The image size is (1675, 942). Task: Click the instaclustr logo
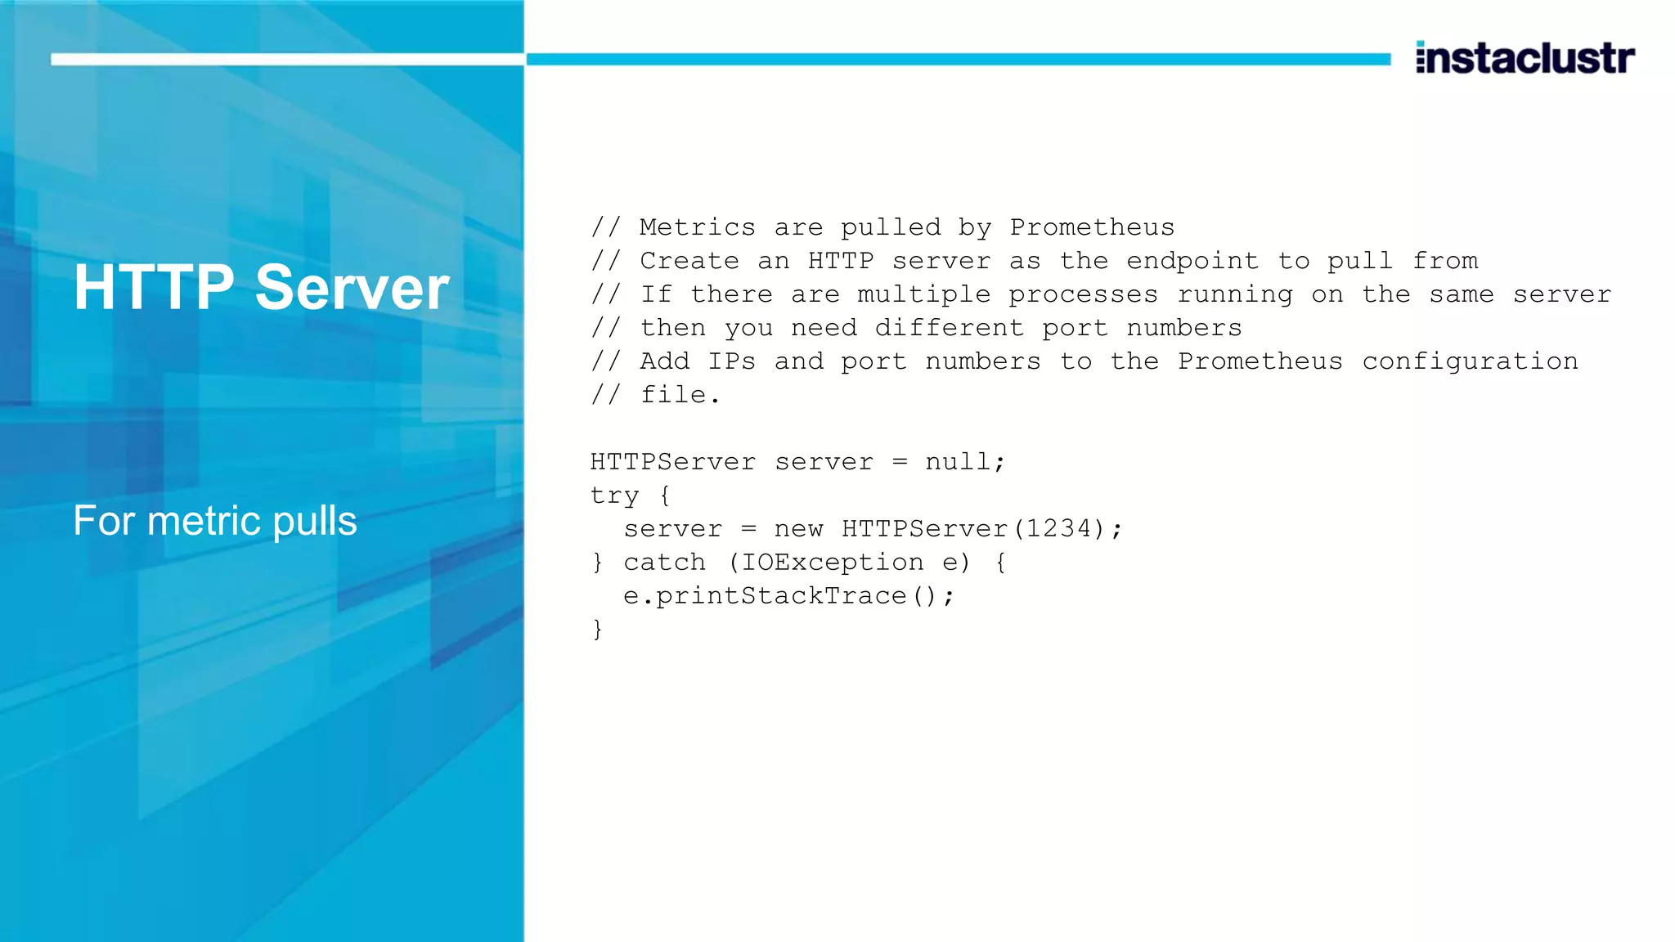[x=1525, y=58]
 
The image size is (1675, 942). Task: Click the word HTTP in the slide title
[x=154, y=288]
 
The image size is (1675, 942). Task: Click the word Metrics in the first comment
[x=697, y=227]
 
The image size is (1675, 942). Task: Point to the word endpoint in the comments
[x=1192, y=261]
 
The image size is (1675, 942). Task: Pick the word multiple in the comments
[x=923, y=294]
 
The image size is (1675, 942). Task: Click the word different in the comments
[x=949, y=328]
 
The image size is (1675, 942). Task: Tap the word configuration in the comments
[x=1470, y=361]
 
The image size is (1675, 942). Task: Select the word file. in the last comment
[x=680, y=395]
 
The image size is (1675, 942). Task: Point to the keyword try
[x=614, y=496]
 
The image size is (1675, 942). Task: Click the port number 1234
[x=1059, y=529]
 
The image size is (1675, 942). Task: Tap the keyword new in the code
[x=798, y=529]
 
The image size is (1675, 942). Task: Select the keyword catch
[x=664, y=563]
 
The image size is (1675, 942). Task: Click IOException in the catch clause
[x=832, y=563]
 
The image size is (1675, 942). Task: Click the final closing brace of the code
[x=598, y=630]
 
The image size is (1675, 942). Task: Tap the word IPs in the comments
[x=731, y=361]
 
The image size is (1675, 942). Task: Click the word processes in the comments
[x=1083, y=294]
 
